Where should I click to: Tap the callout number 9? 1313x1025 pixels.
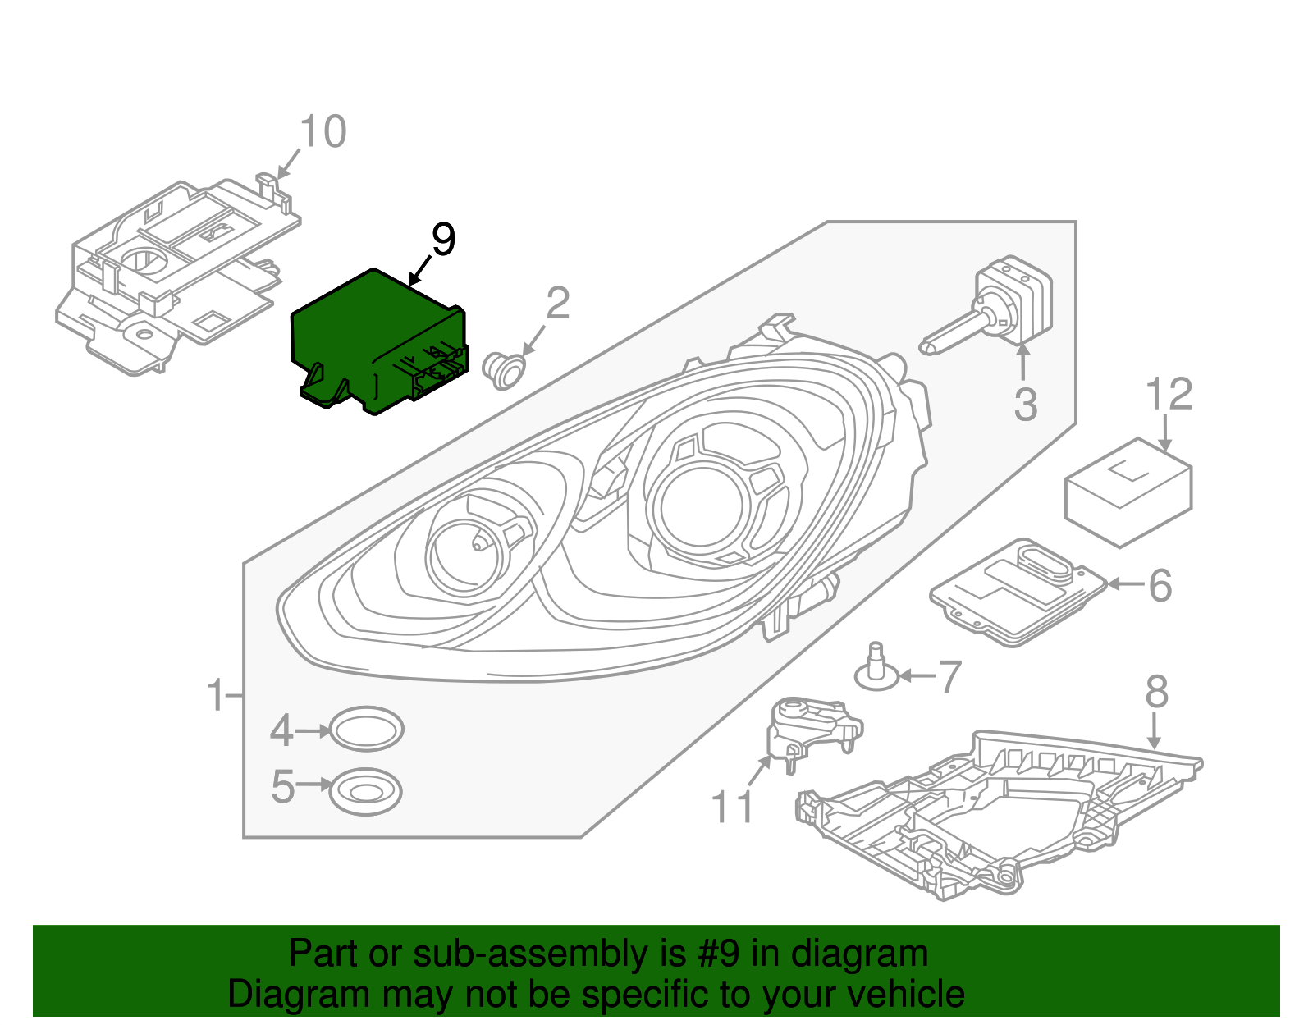point(443,240)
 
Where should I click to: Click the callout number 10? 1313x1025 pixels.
point(323,132)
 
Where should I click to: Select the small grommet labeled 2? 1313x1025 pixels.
point(505,370)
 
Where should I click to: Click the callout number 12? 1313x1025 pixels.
point(1169,395)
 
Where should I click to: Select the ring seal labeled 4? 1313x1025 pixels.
point(367,729)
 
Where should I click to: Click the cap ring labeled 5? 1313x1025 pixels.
point(366,791)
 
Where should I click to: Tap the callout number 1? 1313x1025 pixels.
point(216,696)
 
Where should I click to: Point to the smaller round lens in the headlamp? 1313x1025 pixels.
point(464,551)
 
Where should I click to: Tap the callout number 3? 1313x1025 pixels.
point(1026,405)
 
